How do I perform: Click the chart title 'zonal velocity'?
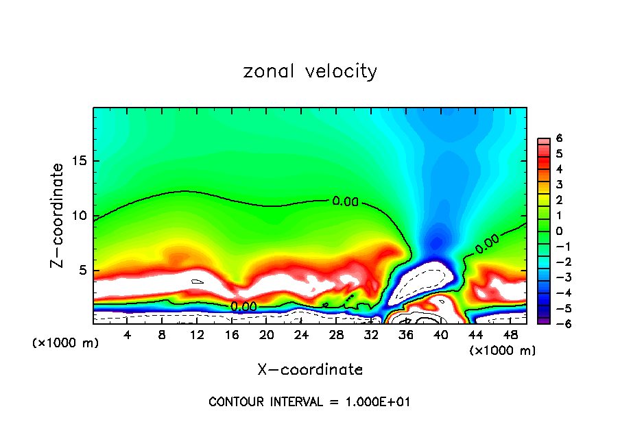click(x=310, y=71)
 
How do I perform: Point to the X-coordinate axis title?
click(x=310, y=370)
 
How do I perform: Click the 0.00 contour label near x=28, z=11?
click(x=345, y=201)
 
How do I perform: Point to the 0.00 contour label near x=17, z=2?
click(x=243, y=307)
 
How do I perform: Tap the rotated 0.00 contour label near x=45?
click(x=487, y=244)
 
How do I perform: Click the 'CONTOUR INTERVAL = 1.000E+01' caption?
click(x=310, y=402)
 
